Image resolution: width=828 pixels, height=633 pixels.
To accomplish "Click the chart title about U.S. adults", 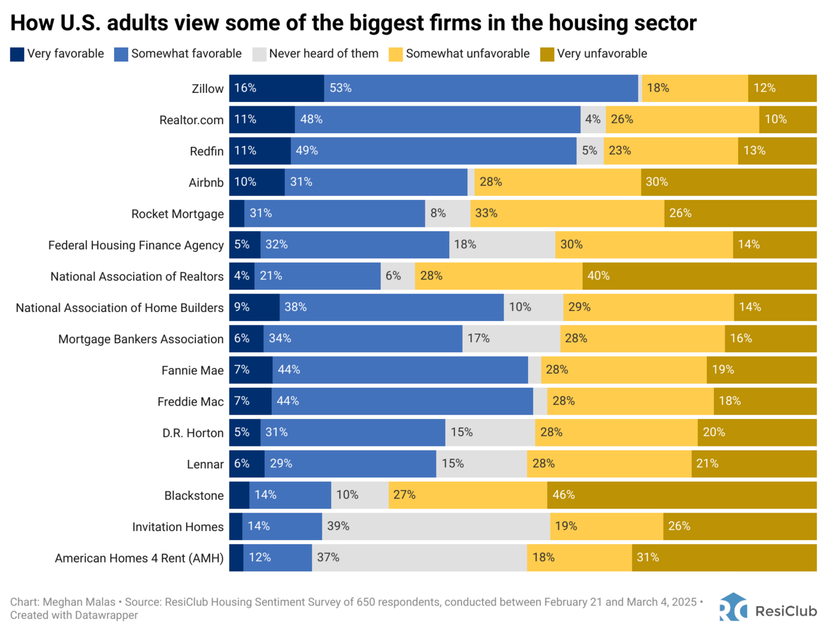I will pos(353,23).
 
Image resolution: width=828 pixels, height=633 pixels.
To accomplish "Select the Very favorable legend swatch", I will pos(17,54).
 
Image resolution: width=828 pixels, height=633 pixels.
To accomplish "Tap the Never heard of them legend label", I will pos(323,54).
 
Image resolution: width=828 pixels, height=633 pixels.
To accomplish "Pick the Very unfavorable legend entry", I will pos(601,54).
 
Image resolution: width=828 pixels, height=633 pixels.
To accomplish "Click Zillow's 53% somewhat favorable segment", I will pos(481,88).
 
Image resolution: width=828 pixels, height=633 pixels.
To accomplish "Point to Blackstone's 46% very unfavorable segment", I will pos(682,495).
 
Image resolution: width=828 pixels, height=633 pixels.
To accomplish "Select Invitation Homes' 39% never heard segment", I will pos(436,527).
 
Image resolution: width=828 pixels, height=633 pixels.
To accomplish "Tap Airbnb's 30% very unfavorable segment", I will pos(729,182).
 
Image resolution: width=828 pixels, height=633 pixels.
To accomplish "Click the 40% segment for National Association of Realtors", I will pos(699,276).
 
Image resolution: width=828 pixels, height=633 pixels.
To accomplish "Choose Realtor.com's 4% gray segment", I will pos(593,120).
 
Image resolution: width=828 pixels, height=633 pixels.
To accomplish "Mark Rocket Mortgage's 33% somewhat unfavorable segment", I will pos(567,213).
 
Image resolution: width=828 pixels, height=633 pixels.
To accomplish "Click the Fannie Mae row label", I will pos(192,370).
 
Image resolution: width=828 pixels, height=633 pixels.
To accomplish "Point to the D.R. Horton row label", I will pos(193,433).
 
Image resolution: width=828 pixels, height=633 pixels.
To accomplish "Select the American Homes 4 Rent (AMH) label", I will pos(139,558).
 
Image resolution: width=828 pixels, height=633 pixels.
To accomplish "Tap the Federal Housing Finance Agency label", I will pos(136,245).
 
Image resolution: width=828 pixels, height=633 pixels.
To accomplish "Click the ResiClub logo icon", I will pos(733,607).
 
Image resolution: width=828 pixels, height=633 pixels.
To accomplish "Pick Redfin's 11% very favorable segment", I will pos(260,151).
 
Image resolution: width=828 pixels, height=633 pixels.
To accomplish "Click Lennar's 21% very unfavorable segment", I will pos(754,464).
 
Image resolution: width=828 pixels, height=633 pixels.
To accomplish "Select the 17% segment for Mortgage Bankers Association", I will pos(511,339).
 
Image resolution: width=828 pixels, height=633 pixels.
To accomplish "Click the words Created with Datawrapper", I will pos(74,615).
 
